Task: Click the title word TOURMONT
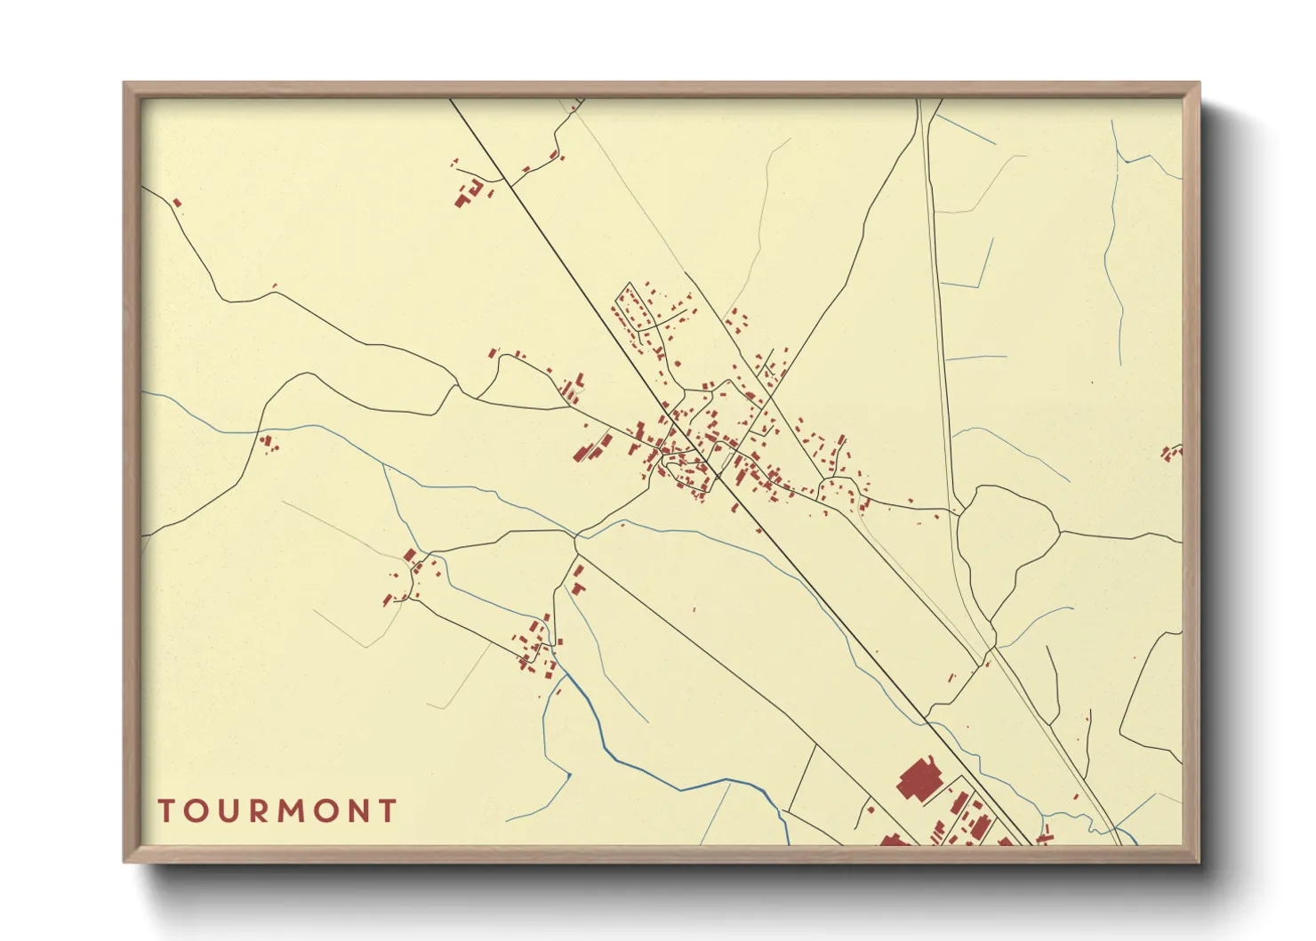[x=277, y=811]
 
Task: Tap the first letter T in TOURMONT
[x=166, y=811]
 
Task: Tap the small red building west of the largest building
[x=871, y=809]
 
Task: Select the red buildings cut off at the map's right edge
[x=1172, y=453]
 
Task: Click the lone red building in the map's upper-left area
[x=177, y=203]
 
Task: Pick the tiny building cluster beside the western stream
[x=268, y=442]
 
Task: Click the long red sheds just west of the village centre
[x=591, y=447]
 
